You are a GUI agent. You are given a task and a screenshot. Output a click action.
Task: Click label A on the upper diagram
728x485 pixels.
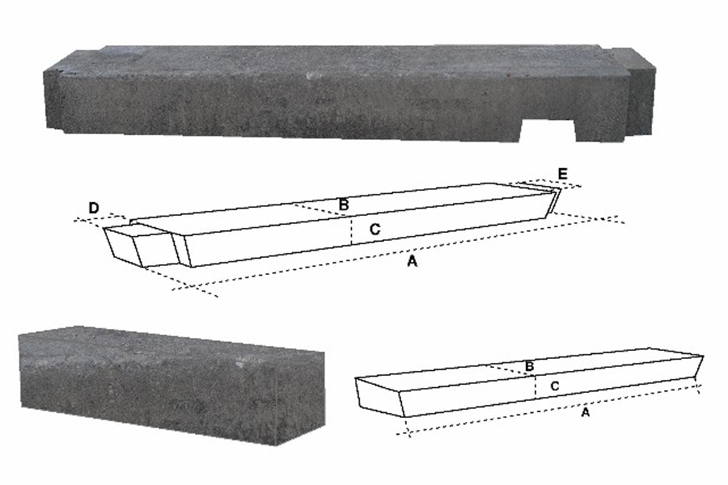click(412, 261)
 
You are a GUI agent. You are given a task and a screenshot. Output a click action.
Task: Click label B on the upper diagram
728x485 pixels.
click(344, 205)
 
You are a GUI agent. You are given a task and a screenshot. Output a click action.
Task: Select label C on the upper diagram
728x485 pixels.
click(375, 229)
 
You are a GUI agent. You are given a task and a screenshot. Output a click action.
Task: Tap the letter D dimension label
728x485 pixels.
click(94, 209)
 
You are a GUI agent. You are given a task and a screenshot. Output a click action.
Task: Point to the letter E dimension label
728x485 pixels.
click(562, 174)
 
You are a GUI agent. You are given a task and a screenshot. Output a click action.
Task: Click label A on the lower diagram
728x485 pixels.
click(586, 411)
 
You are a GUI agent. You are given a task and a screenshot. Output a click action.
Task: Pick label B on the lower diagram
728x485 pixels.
click(529, 366)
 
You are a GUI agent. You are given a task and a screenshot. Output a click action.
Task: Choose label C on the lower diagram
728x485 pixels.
click(554, 386)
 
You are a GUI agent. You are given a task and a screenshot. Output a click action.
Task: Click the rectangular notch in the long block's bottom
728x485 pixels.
click(548, 130)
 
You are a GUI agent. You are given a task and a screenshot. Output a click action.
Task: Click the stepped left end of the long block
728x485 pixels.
click(54, 98)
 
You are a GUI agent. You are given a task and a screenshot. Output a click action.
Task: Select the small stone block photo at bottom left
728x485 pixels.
click(171, 385)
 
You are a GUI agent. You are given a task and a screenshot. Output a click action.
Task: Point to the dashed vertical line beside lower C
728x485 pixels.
click(535, 386)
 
